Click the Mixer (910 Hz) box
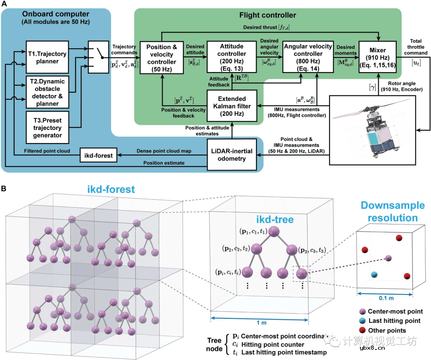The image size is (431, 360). pos(379,57)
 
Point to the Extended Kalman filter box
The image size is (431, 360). pos(232,106)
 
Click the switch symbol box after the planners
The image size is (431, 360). pos(99,57)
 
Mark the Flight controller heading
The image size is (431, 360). pos(267,15)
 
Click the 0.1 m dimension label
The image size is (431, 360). pos(384,298)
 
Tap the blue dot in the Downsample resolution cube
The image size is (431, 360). pos(374,275)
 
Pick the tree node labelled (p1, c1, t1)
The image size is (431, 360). pos(273,232)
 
